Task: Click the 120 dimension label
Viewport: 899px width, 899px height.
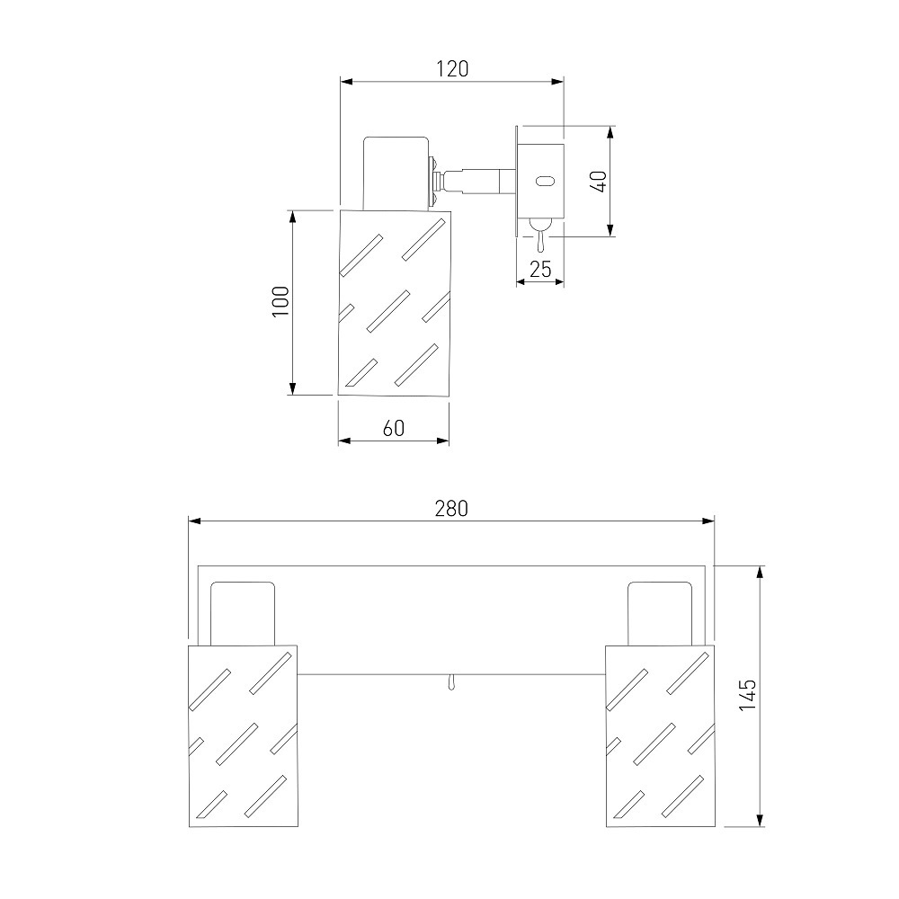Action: (452, 69)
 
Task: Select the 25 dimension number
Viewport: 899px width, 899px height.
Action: (540, 269)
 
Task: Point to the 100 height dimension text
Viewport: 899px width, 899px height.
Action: (280, 301)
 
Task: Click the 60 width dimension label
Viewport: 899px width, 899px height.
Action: (394, 428)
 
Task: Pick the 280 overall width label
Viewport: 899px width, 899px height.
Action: (451, 509)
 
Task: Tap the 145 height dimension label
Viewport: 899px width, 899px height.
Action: (747, 696)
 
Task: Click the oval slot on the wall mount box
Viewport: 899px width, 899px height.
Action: (544, 182)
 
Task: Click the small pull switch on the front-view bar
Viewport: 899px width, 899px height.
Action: (452, 682)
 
